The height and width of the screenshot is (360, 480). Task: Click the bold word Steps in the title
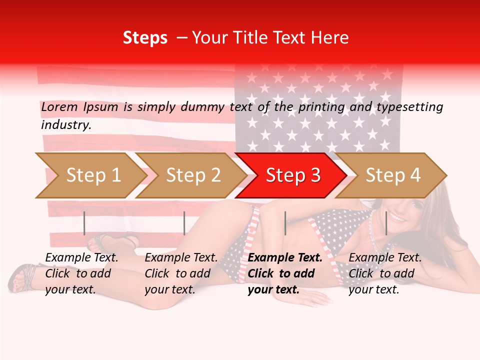pyautogui.click(x=145, y=38)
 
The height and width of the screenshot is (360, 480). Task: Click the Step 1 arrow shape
pyautogui.click(x=90, y=175)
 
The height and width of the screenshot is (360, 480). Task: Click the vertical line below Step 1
pyautogui.click(x=84, y=223)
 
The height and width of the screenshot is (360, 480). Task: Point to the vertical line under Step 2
pyautogui.click(x=184, y=223)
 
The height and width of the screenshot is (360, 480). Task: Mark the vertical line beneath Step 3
pyautogui.click(x=285, y=223)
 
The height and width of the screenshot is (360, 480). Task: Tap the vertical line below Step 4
pyautogui.click(x=386, y=223)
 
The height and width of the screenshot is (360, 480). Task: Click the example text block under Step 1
pyautogui.click(x=81, y=273)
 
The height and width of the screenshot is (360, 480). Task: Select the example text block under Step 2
pyautogui.click(x=181, y=273)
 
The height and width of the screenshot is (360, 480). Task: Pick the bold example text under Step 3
pyautogui.click(x=284, y=273)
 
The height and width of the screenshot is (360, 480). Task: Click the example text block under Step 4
pyautogui.click(x=385, y=273)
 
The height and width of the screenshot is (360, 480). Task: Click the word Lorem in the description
pyautogui.click(x=59, y=106)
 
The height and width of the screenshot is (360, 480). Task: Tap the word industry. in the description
pyautogui.click(x=66, y=124)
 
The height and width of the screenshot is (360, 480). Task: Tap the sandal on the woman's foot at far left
pyautogui.click(x=22, y=278)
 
